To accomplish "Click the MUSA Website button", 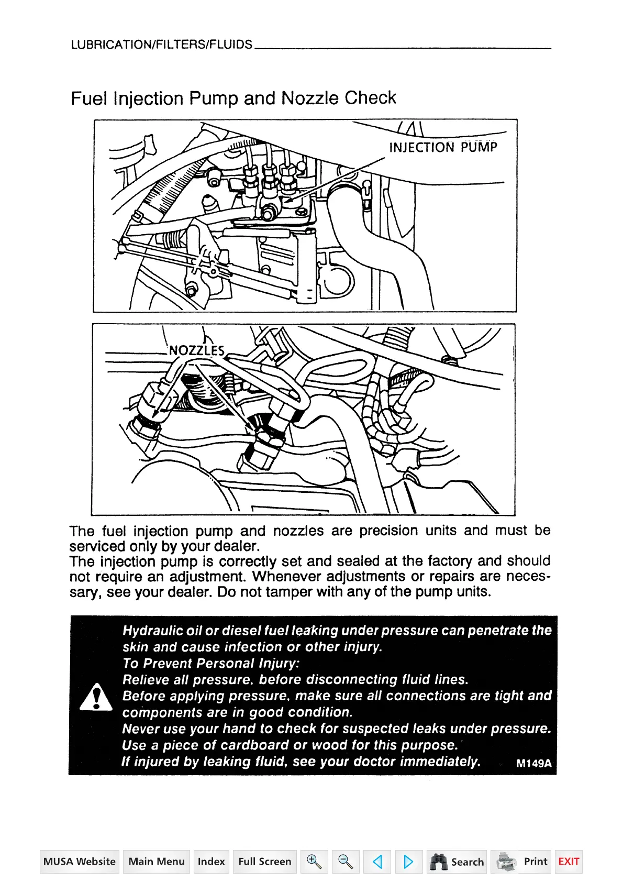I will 80,862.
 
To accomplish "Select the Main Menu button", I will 157,862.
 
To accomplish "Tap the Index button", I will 211,862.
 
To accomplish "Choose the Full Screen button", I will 264,862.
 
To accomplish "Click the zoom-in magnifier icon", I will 314,862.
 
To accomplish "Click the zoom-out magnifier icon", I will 346,862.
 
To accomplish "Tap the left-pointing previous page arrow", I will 377,862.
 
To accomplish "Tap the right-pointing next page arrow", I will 408,862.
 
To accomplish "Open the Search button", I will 457,862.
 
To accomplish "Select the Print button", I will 521,862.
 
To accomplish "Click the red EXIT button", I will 569,862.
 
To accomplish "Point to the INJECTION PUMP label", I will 443,147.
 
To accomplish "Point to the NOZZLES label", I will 197,350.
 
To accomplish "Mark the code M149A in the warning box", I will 533,763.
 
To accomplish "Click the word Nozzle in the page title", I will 309,98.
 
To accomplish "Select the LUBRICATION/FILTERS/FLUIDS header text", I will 162,45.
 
